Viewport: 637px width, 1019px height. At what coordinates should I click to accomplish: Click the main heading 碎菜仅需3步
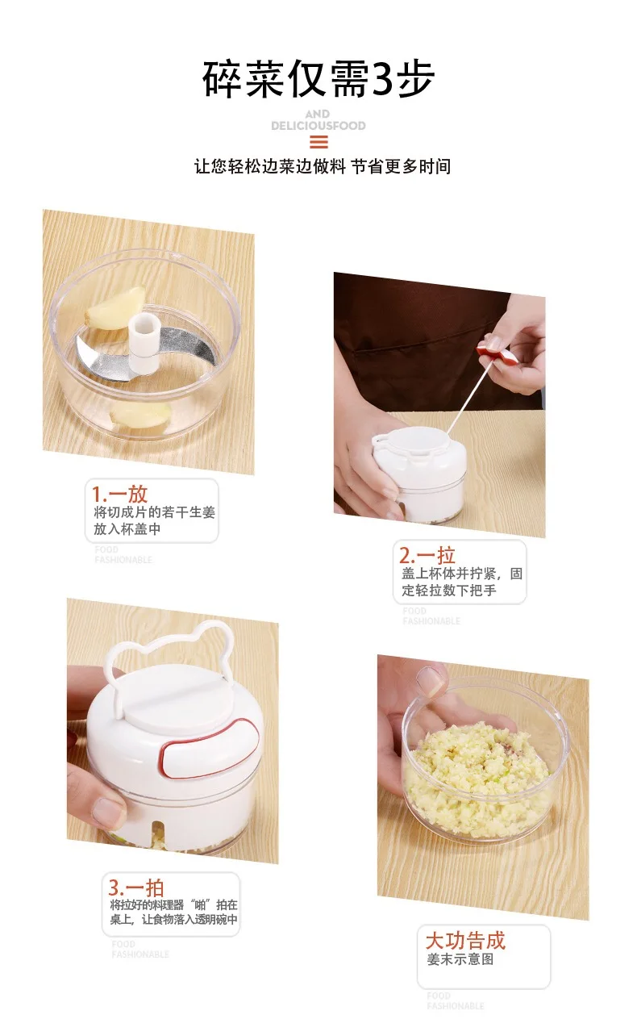318,79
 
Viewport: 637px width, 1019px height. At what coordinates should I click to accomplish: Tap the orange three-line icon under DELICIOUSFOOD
318,142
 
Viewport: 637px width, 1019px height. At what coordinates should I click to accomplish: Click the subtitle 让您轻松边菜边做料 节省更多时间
323,166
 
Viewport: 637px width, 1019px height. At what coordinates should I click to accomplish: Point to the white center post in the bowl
144,344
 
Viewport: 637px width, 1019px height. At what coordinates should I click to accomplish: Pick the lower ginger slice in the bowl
140,415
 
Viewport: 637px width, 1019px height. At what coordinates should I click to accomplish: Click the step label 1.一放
119,494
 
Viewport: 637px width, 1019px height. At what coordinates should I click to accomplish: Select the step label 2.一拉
427,555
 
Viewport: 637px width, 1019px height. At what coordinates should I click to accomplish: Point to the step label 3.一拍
136,887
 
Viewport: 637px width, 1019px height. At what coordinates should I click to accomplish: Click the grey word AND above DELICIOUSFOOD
318,115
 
